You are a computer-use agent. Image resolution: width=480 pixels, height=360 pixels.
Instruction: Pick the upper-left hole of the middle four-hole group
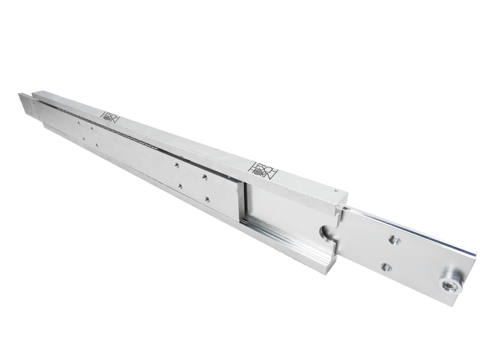point(177,164)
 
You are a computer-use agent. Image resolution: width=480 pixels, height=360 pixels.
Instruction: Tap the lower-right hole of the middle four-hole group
point(207,199)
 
